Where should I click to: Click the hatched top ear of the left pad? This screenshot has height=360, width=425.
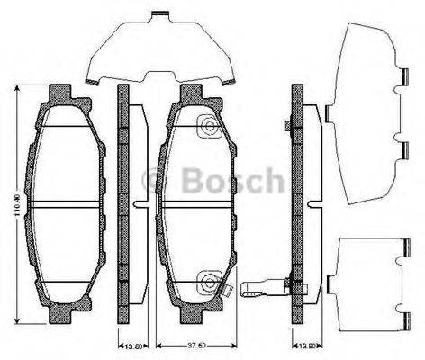click(60, 94)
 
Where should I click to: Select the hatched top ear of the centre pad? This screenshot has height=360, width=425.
click(191, 94)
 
